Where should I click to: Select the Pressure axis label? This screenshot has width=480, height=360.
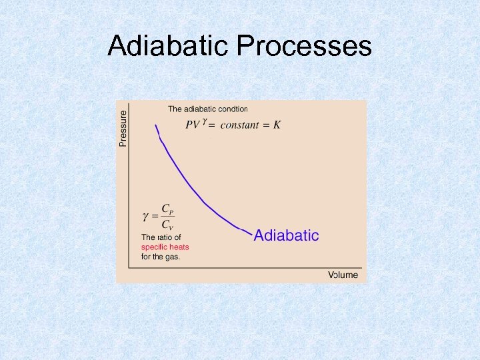[x=123, y=124]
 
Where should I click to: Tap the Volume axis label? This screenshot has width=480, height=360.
[x=343, y=275]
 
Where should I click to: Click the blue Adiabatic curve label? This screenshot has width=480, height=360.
[x=287, y=235]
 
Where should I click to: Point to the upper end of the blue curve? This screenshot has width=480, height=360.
[x=156, y=125]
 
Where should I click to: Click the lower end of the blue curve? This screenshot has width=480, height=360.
[x=251, y=233]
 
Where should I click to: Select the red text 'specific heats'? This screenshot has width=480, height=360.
[x=165, y=247]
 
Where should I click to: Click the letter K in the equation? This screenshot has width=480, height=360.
[x=277, y=125]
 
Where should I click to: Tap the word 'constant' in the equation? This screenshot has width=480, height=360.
[x=239, y=125]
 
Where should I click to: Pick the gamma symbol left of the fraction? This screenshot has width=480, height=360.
[x=146, y=216]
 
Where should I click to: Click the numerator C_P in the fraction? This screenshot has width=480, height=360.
[x=167, y=209]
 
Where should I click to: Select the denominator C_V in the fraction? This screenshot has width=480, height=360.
[x=167, y=224]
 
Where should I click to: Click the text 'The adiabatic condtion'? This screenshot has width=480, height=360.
[x=207, y=109]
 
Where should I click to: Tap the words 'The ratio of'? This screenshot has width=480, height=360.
[x=161, y=237]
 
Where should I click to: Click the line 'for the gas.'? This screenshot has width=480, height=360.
[x=161, y=257]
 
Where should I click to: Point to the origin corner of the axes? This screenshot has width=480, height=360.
[x=129, y=268]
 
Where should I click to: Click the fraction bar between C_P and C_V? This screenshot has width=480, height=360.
[x=167, y=216]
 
